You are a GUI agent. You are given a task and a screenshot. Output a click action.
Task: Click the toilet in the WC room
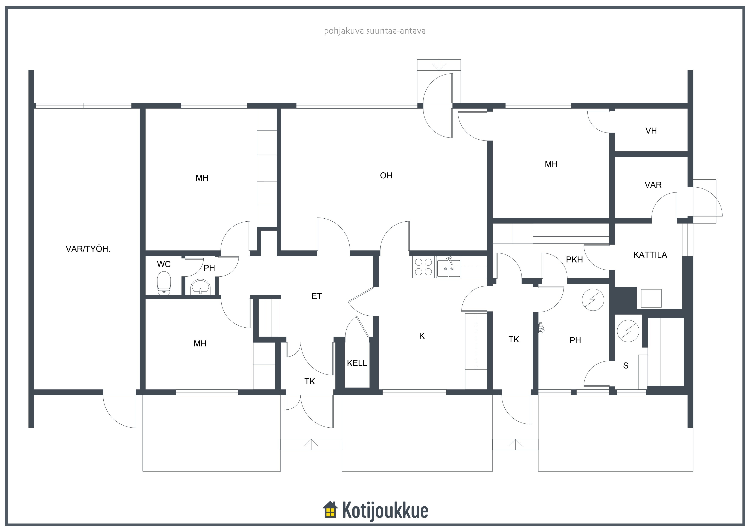pyautogui.click(x=164, y=283)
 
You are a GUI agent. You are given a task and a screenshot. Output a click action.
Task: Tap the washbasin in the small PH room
pyautogui.click(x=200, y=287)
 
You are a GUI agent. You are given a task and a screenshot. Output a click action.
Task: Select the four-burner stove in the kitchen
pyautogui.click(x=423, y=267)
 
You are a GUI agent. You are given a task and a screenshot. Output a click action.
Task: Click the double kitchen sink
pyautogui.click(x=449, y=267)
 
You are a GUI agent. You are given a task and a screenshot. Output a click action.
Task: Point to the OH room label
pyautogui.click(x=386, y=176)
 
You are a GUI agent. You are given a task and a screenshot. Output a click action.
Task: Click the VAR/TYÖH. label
pyautogui.click(x=88, y=249)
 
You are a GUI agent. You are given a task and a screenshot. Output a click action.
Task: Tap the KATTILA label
pyautogui.click(x=650, y=255)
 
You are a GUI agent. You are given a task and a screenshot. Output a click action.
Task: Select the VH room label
pyautogui.click(x=651, y=131)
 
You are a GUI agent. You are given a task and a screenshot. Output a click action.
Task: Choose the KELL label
pyautogui.click(x=357, y=363)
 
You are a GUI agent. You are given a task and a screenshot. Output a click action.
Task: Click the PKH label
pyautogui.click(x=574, y=260)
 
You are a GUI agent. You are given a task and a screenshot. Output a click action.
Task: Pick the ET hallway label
pyautogui.click(x=317, y=296)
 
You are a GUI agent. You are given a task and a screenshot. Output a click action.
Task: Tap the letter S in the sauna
pyautogui.click(x=626, y=366)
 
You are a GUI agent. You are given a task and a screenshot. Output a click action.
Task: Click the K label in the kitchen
pyautogui.click(x=422, y=336)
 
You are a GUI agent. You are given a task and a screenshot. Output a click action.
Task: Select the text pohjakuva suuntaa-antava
pyautogui.click(x=375, y=31)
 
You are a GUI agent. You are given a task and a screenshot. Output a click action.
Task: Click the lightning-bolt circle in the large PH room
pyautogui.click(x=593, y=300)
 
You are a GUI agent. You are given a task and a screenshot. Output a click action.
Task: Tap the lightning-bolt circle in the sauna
pyautogui.click(x=628, y=331)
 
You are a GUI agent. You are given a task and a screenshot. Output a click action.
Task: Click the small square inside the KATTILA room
pyautogui.click(x=651, y=298)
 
